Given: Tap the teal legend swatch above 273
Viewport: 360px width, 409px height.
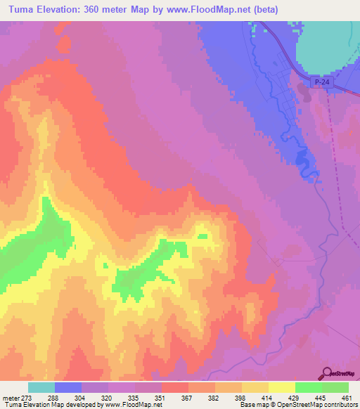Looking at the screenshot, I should (x=41, y=387).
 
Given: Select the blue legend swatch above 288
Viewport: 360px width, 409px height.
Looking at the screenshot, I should (x=68, y=387).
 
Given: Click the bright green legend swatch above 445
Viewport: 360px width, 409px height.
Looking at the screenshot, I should (x=309, y=387).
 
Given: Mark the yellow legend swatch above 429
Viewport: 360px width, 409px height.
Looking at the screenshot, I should (x=282, y=387).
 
